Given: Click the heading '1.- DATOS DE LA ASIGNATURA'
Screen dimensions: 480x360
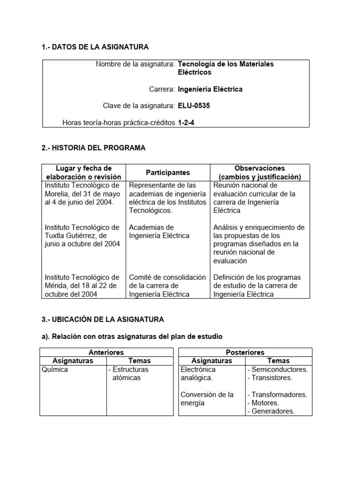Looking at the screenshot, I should tap(95, 47).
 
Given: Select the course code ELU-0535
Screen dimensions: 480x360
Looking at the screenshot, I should tap(194, 106).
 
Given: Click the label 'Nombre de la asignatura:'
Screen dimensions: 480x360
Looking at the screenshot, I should tap(135, 64).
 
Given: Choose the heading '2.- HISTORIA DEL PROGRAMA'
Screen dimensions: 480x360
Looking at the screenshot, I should tap(94, 148).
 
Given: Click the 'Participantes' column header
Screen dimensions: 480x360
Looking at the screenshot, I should tap(168, 172).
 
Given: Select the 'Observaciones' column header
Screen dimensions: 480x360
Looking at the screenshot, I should tap(260, 168).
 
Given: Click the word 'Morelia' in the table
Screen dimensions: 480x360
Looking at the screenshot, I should tap(58, 194).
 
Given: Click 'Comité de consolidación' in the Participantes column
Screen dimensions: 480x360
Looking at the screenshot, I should tap(167, 277).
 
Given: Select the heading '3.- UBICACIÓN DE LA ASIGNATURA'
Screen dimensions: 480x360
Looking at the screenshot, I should tap(103, 319).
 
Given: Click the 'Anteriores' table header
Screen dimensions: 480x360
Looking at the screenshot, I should tap(106, 352).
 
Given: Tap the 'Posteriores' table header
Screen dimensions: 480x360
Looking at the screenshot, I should tap(245, 352).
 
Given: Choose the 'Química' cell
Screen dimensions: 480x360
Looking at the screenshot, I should tap(55, 369).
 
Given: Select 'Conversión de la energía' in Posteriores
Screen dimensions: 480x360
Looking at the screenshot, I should tap(207, 398).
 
